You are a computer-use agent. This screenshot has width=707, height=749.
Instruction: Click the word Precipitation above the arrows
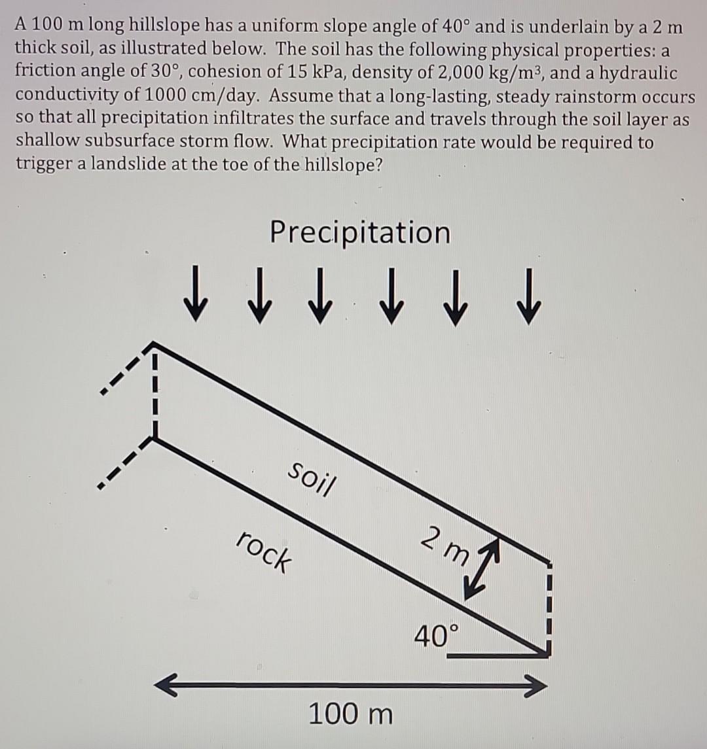(x=361, y=232)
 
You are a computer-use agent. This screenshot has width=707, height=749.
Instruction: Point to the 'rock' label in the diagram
(x=264, y=550)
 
